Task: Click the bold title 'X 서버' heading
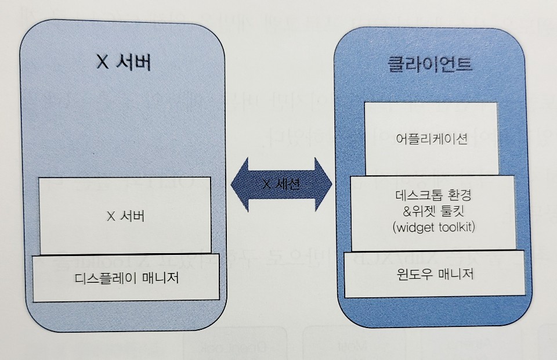(x=123, y=62)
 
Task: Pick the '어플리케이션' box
(x=430, y=139)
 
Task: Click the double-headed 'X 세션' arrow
(x=281, y=184)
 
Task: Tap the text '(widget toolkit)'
(x=432, y=227)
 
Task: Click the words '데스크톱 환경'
(x=432, y=195)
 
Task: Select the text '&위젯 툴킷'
(x=432, y=211)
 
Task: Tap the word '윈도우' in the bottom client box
(x=410, y=273)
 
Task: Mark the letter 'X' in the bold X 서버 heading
(x=103, y=63)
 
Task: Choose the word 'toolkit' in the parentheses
(x=453, y=227)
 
